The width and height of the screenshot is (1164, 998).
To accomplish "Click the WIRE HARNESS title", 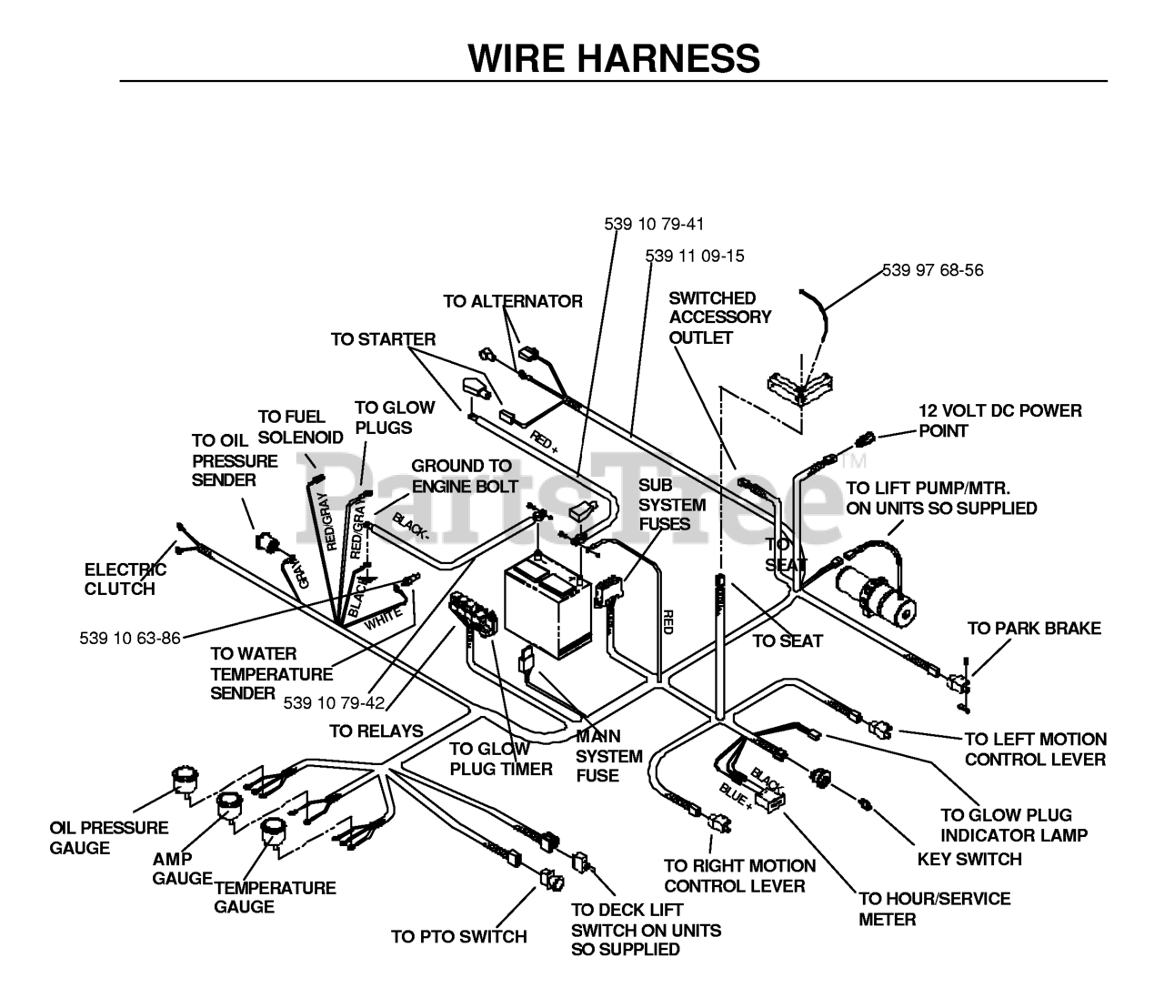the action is [x=614, y=57].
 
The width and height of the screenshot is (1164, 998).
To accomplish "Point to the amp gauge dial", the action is [x=229, y=807].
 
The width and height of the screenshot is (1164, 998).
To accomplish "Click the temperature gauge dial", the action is [x=273, y=832].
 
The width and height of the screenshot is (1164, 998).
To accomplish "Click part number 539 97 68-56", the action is [x=932, y=270].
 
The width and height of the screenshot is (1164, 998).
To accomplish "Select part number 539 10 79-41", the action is [x=654, y=225].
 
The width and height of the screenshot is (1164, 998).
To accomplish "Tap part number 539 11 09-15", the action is [x=695, y=257].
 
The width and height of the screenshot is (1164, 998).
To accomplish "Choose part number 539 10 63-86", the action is [x=130, y=638].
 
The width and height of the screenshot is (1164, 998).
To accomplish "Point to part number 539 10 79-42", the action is [x=334, y=702].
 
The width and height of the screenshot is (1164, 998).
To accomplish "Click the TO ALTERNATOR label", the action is [x=513, y=301].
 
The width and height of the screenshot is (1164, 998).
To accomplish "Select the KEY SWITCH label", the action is [x=969, y=859].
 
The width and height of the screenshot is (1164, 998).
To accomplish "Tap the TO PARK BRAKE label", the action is [x=1034, y=629].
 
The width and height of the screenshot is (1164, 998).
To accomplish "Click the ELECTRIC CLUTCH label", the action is [x=125, y=579].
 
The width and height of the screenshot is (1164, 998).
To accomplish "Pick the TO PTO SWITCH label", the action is [x=459, y=936].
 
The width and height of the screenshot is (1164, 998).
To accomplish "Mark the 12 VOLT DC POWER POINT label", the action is [x=1000, y=420].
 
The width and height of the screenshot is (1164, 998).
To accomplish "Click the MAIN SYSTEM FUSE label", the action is [x=608, y=756].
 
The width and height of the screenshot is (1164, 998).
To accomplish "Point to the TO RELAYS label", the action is [x=376, y=731].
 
